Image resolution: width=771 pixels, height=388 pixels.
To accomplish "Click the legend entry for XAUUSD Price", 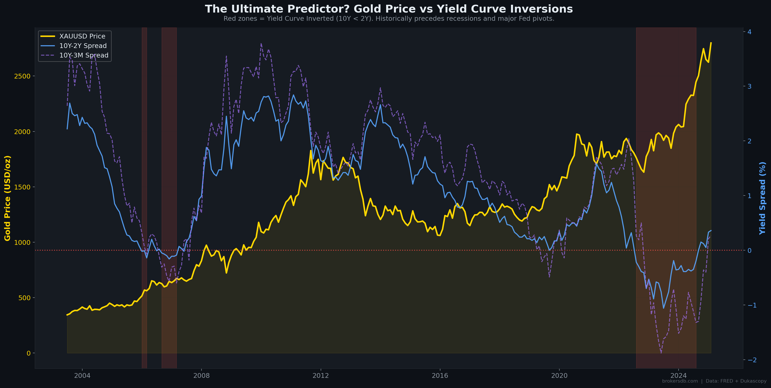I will [x=82, y=36].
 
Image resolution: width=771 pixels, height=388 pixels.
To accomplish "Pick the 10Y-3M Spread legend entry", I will [x=84, y=55].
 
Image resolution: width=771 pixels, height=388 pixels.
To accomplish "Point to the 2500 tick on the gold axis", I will [x=22, y=76].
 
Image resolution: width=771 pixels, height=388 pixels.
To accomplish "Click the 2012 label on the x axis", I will [x=320, y=375].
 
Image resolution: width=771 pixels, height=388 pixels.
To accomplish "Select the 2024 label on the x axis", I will [x=678, y=375].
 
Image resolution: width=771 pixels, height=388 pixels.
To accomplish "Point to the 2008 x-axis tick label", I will [x=201, y=375].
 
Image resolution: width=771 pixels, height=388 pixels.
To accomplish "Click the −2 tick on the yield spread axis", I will [x=751, y=360].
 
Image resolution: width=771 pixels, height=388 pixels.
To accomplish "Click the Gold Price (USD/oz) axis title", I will [x=8, y=198].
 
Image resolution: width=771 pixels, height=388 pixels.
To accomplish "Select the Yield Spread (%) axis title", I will [x=762, y=198].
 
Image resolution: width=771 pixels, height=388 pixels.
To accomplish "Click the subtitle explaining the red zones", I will [x=389, y=19].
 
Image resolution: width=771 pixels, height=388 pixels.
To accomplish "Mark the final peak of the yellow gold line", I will [x=711, y=43].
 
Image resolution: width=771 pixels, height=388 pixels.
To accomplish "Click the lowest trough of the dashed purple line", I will [x=661, y=353].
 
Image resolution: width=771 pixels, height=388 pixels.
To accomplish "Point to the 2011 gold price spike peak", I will [x=311, y=150].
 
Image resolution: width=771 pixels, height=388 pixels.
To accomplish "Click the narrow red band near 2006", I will [x=144, y=198].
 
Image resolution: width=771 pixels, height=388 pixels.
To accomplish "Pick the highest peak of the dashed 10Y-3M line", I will [x=261, y=43].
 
